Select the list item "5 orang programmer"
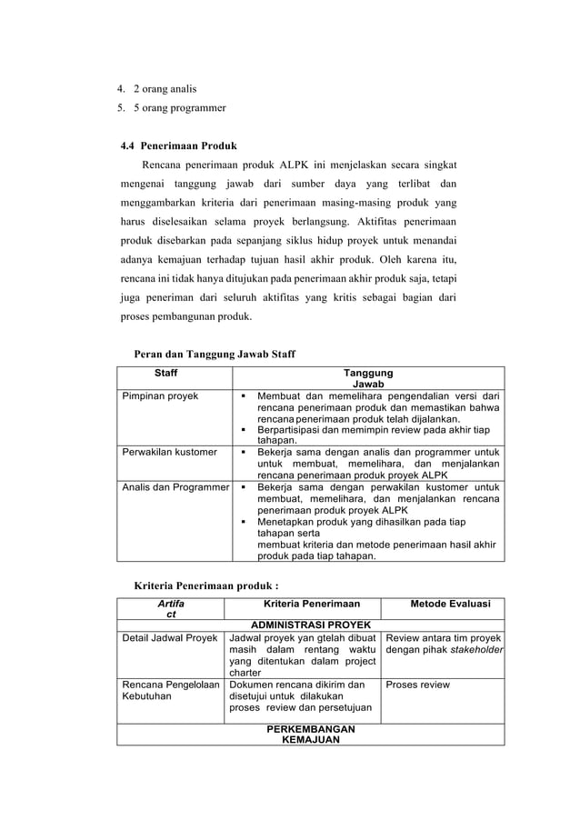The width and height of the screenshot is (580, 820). pos(178,108)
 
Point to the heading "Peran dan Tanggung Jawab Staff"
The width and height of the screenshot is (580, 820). pos(215,354)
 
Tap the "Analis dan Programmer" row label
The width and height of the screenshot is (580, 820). pos(175,487)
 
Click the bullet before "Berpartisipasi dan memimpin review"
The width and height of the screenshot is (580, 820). pos(244,430)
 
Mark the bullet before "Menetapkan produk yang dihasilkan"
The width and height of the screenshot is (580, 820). pos(244,523)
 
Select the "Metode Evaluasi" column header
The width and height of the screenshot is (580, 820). pos(450,604)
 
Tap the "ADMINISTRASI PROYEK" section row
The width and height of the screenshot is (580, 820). pos(310,625)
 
